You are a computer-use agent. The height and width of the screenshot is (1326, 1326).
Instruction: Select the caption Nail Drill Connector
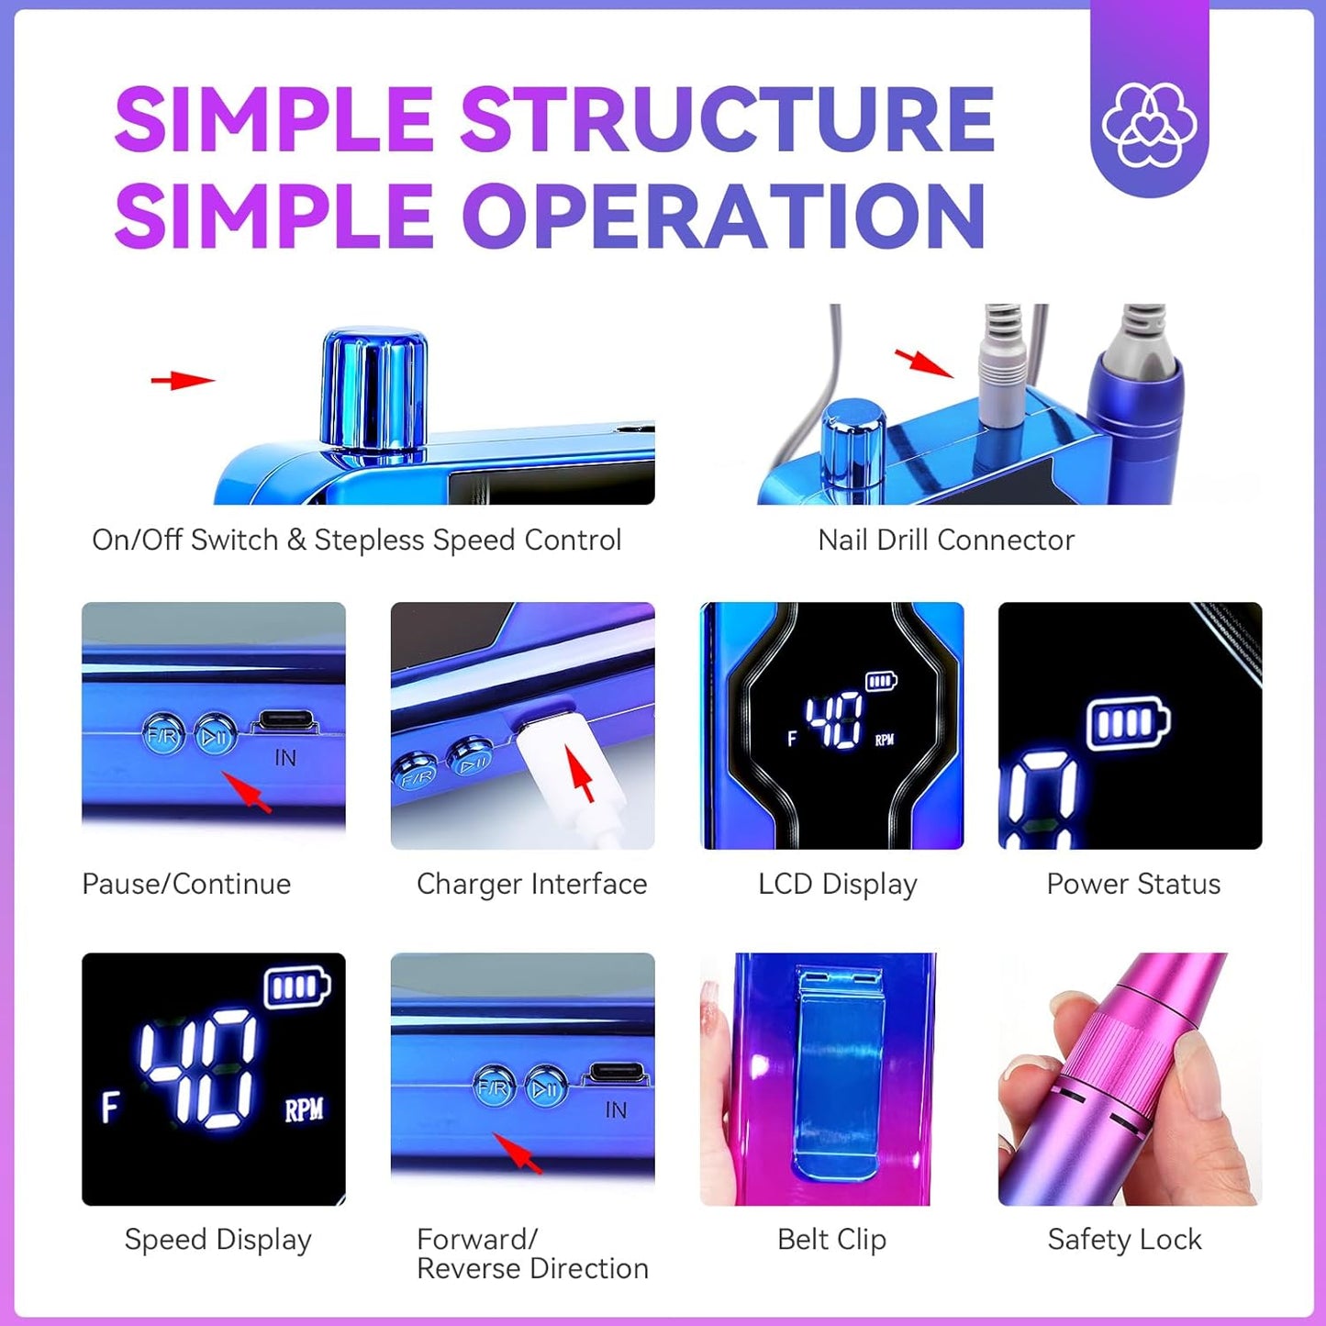pyautogui.click(x=945, y=540)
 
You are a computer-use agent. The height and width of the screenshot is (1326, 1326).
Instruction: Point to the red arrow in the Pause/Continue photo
pyautogui.click(x=248, y=792)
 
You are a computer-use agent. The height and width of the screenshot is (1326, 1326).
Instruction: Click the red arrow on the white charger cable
pyautogui.click(x=580, y=774)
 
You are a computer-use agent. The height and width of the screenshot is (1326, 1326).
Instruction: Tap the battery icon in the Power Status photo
pyautogui.click(x=1128, y=724)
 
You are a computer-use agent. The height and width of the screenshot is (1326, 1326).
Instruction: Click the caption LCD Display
pyautogui.click(x=837, y=884)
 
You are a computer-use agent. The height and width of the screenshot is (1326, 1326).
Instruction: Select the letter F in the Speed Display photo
pyautogui.click(x=110, y=1107)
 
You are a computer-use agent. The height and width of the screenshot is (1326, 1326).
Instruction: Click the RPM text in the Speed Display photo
pyautogui.click(x=304, y=1110)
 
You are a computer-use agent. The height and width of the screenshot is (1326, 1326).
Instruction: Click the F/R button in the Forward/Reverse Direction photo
pyautogui.click(x=494, y=1088)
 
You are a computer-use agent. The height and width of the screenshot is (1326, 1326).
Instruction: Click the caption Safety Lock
pyautogui.click(x=1124, y=1240)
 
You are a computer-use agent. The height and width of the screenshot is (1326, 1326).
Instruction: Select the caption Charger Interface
pyautogui.click(x=531, y=884)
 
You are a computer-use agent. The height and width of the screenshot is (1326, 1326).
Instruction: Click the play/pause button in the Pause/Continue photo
pyautogui.click(x=216, y=735)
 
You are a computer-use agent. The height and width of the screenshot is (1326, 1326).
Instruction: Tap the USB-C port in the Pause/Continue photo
pyautogui.click(x=284, y=723)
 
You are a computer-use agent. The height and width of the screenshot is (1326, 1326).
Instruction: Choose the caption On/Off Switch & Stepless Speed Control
pyautogui.click(x=356, y=540)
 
